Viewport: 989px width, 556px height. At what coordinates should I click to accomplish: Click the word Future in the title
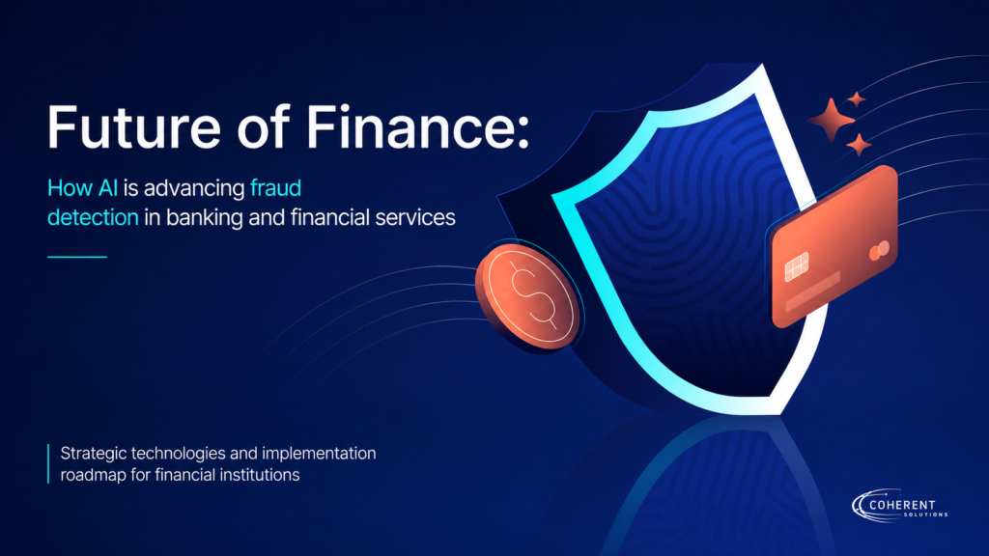coord(133,127)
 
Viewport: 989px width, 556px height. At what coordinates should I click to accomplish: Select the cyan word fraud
coord(275,188)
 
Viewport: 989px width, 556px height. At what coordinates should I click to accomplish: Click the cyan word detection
coord(93,217)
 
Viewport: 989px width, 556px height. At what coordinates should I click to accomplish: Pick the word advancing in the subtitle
coord(194,189)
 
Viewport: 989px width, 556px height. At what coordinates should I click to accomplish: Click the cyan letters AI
coord(108,188)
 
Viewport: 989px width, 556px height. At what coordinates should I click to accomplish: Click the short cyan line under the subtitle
coord(77,257)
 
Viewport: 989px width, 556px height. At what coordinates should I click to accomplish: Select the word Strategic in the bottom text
coord(94,454)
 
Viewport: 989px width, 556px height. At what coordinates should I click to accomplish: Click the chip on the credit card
coord(797,266)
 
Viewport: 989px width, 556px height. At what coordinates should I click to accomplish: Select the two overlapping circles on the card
coord(879,251)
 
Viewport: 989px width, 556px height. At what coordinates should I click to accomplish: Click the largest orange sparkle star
coord(832,119)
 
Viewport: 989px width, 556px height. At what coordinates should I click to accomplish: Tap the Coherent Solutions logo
coord(900,506)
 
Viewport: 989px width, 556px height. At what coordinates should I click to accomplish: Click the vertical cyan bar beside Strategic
coord(48,464)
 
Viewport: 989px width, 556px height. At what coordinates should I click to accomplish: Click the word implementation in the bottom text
coord(319,454)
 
